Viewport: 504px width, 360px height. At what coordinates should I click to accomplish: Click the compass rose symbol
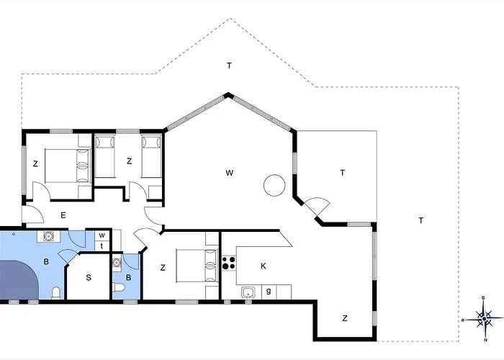coord(485,317)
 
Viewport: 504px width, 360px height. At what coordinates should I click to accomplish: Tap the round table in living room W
coord(274,186)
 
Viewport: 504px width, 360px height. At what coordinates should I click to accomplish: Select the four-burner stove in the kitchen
coord(228,264)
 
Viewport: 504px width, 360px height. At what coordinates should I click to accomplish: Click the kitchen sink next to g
coord(248,292)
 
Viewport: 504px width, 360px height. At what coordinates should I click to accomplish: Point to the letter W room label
coord(229,173)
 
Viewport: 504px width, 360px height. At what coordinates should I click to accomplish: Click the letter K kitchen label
coord(264,266)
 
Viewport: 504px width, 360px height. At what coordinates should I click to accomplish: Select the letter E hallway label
coord(63,215)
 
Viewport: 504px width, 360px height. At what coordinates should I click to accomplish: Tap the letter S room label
coord(89,277)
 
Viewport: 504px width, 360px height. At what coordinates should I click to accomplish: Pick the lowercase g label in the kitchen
coord(269,291)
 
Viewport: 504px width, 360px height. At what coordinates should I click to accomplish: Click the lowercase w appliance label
coord(102,235)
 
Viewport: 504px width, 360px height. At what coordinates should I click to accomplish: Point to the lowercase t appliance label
coord(102,246)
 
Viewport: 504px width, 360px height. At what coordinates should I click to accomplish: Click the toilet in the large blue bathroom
coord(56,292)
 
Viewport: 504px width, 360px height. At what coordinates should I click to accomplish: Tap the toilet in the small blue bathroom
coord(119,289)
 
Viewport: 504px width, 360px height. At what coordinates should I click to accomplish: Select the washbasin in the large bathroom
coord(48,236)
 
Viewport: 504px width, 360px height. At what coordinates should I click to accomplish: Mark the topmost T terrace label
coord(229,66)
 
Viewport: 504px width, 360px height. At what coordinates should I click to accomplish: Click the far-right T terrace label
coord(420,220)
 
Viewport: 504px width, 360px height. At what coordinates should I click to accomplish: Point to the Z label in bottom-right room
coord(345,318)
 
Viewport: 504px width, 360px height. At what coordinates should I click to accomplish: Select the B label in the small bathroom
coord(130,276)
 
